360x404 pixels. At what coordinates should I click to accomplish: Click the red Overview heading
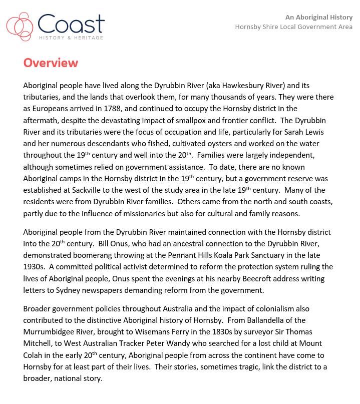[51, 63]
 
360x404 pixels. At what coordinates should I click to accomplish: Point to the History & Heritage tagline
[71, 38]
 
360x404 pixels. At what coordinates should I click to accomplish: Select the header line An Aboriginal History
[318, 17]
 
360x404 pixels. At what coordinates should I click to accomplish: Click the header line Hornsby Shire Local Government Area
[293, 27]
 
